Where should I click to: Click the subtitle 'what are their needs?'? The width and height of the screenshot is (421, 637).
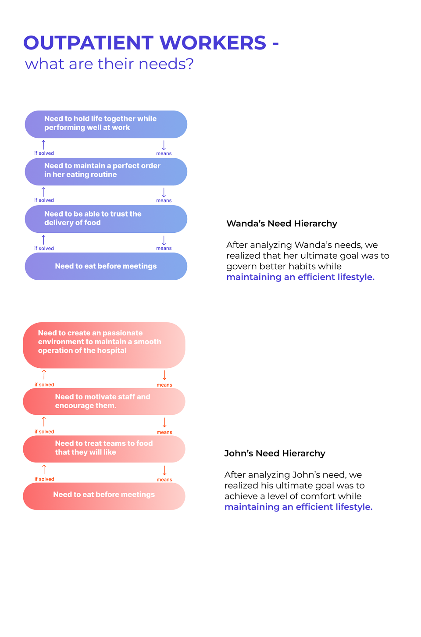[109, 64]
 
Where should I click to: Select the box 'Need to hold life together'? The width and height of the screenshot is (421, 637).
[106, 124]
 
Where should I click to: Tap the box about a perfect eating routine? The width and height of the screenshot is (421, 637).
[106, 171]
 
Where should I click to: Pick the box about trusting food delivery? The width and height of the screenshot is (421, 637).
[106, 219]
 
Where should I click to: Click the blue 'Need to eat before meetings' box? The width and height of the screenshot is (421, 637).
[106, 266]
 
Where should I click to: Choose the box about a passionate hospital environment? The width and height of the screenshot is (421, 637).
[104, 345]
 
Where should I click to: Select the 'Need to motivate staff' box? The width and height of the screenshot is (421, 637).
[104, 401]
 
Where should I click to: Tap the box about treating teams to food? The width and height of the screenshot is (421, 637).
[104, 449]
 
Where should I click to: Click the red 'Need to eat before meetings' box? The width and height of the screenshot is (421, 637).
[104, 496]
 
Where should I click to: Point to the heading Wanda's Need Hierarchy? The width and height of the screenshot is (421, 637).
[282, 224]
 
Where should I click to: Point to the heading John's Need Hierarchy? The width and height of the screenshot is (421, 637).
[275, 453]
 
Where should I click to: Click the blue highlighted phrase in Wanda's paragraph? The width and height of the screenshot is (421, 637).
[300, 277]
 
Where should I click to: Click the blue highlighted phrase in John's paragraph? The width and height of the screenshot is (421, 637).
[298, 507]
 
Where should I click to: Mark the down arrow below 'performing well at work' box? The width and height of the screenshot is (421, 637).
[164, 145]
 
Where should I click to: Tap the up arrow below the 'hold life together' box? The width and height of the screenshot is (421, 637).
[43, 145]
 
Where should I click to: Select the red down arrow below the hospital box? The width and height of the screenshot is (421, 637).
[164, 375]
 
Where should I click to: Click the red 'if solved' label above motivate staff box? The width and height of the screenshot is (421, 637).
[44, 384]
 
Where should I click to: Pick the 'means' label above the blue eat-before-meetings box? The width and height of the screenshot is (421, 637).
[164, 248]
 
